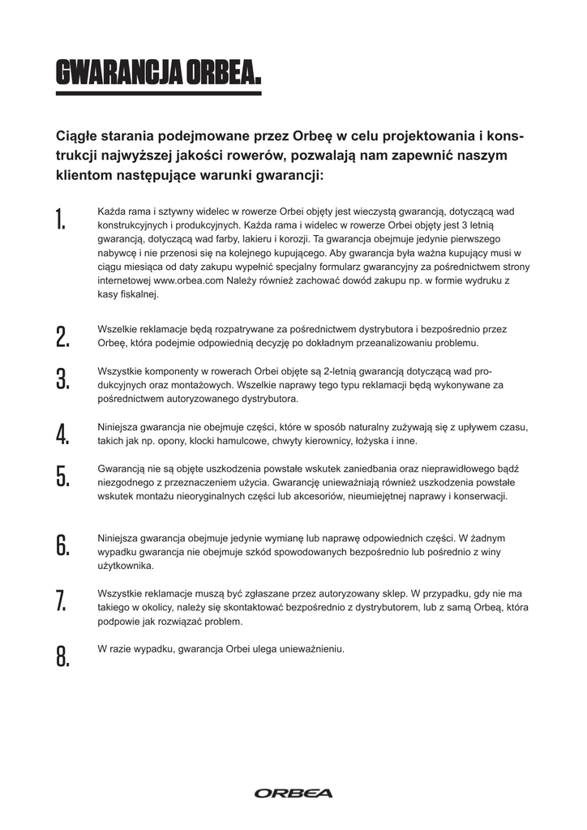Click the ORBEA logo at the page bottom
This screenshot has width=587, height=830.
(x=293, y=793)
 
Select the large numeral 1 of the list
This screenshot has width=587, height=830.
(x=60, y=219)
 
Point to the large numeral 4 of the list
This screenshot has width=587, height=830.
(x=62, y=434)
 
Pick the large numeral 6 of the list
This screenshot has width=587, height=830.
(x=62, y=545)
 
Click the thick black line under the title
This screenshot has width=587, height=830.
(x=158, y=94)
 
